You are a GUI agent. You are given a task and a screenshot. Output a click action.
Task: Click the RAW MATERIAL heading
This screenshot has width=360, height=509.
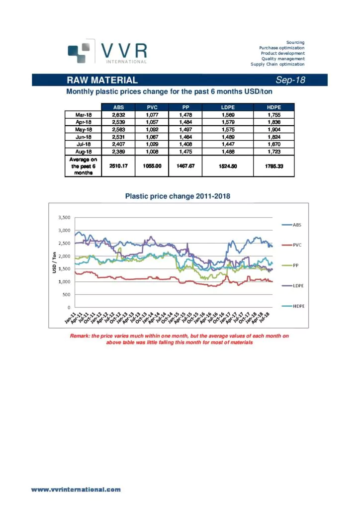pyautogui.click(x=103, y=80)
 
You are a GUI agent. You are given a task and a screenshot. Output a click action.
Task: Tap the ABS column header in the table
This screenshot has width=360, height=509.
pyautogui.click(x=119, y=106)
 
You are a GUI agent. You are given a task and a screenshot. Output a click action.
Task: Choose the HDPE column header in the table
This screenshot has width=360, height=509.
pyautogui.click(x=274, y=106)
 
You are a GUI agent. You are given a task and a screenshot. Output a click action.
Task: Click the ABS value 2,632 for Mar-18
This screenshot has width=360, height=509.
pyautogui.click(x=119, y=114)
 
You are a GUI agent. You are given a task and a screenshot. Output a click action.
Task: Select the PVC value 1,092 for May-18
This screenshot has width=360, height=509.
pyautogui.click(x=152, y=129)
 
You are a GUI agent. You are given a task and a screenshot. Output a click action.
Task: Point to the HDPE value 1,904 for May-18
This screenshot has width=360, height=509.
pyautogui.click(x=274, y=129)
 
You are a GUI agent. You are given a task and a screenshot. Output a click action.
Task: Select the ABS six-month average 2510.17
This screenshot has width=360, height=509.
pyautogui.click(x=119, y=166)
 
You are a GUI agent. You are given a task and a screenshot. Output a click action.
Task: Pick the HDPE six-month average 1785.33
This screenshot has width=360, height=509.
pyautogui.click(x=274, y=166)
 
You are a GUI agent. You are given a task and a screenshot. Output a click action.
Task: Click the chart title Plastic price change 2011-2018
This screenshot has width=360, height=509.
pyautogui.click(x=177, y=196)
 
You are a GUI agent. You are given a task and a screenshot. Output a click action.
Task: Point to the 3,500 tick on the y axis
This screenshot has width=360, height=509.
pyautogui.click(x=64, y=218)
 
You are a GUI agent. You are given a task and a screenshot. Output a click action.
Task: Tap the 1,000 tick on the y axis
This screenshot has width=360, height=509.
pyautogui.click(x=64, y=282)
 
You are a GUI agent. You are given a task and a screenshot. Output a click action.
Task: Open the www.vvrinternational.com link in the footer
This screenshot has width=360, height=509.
pyautogui.click(x=76, y=490)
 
